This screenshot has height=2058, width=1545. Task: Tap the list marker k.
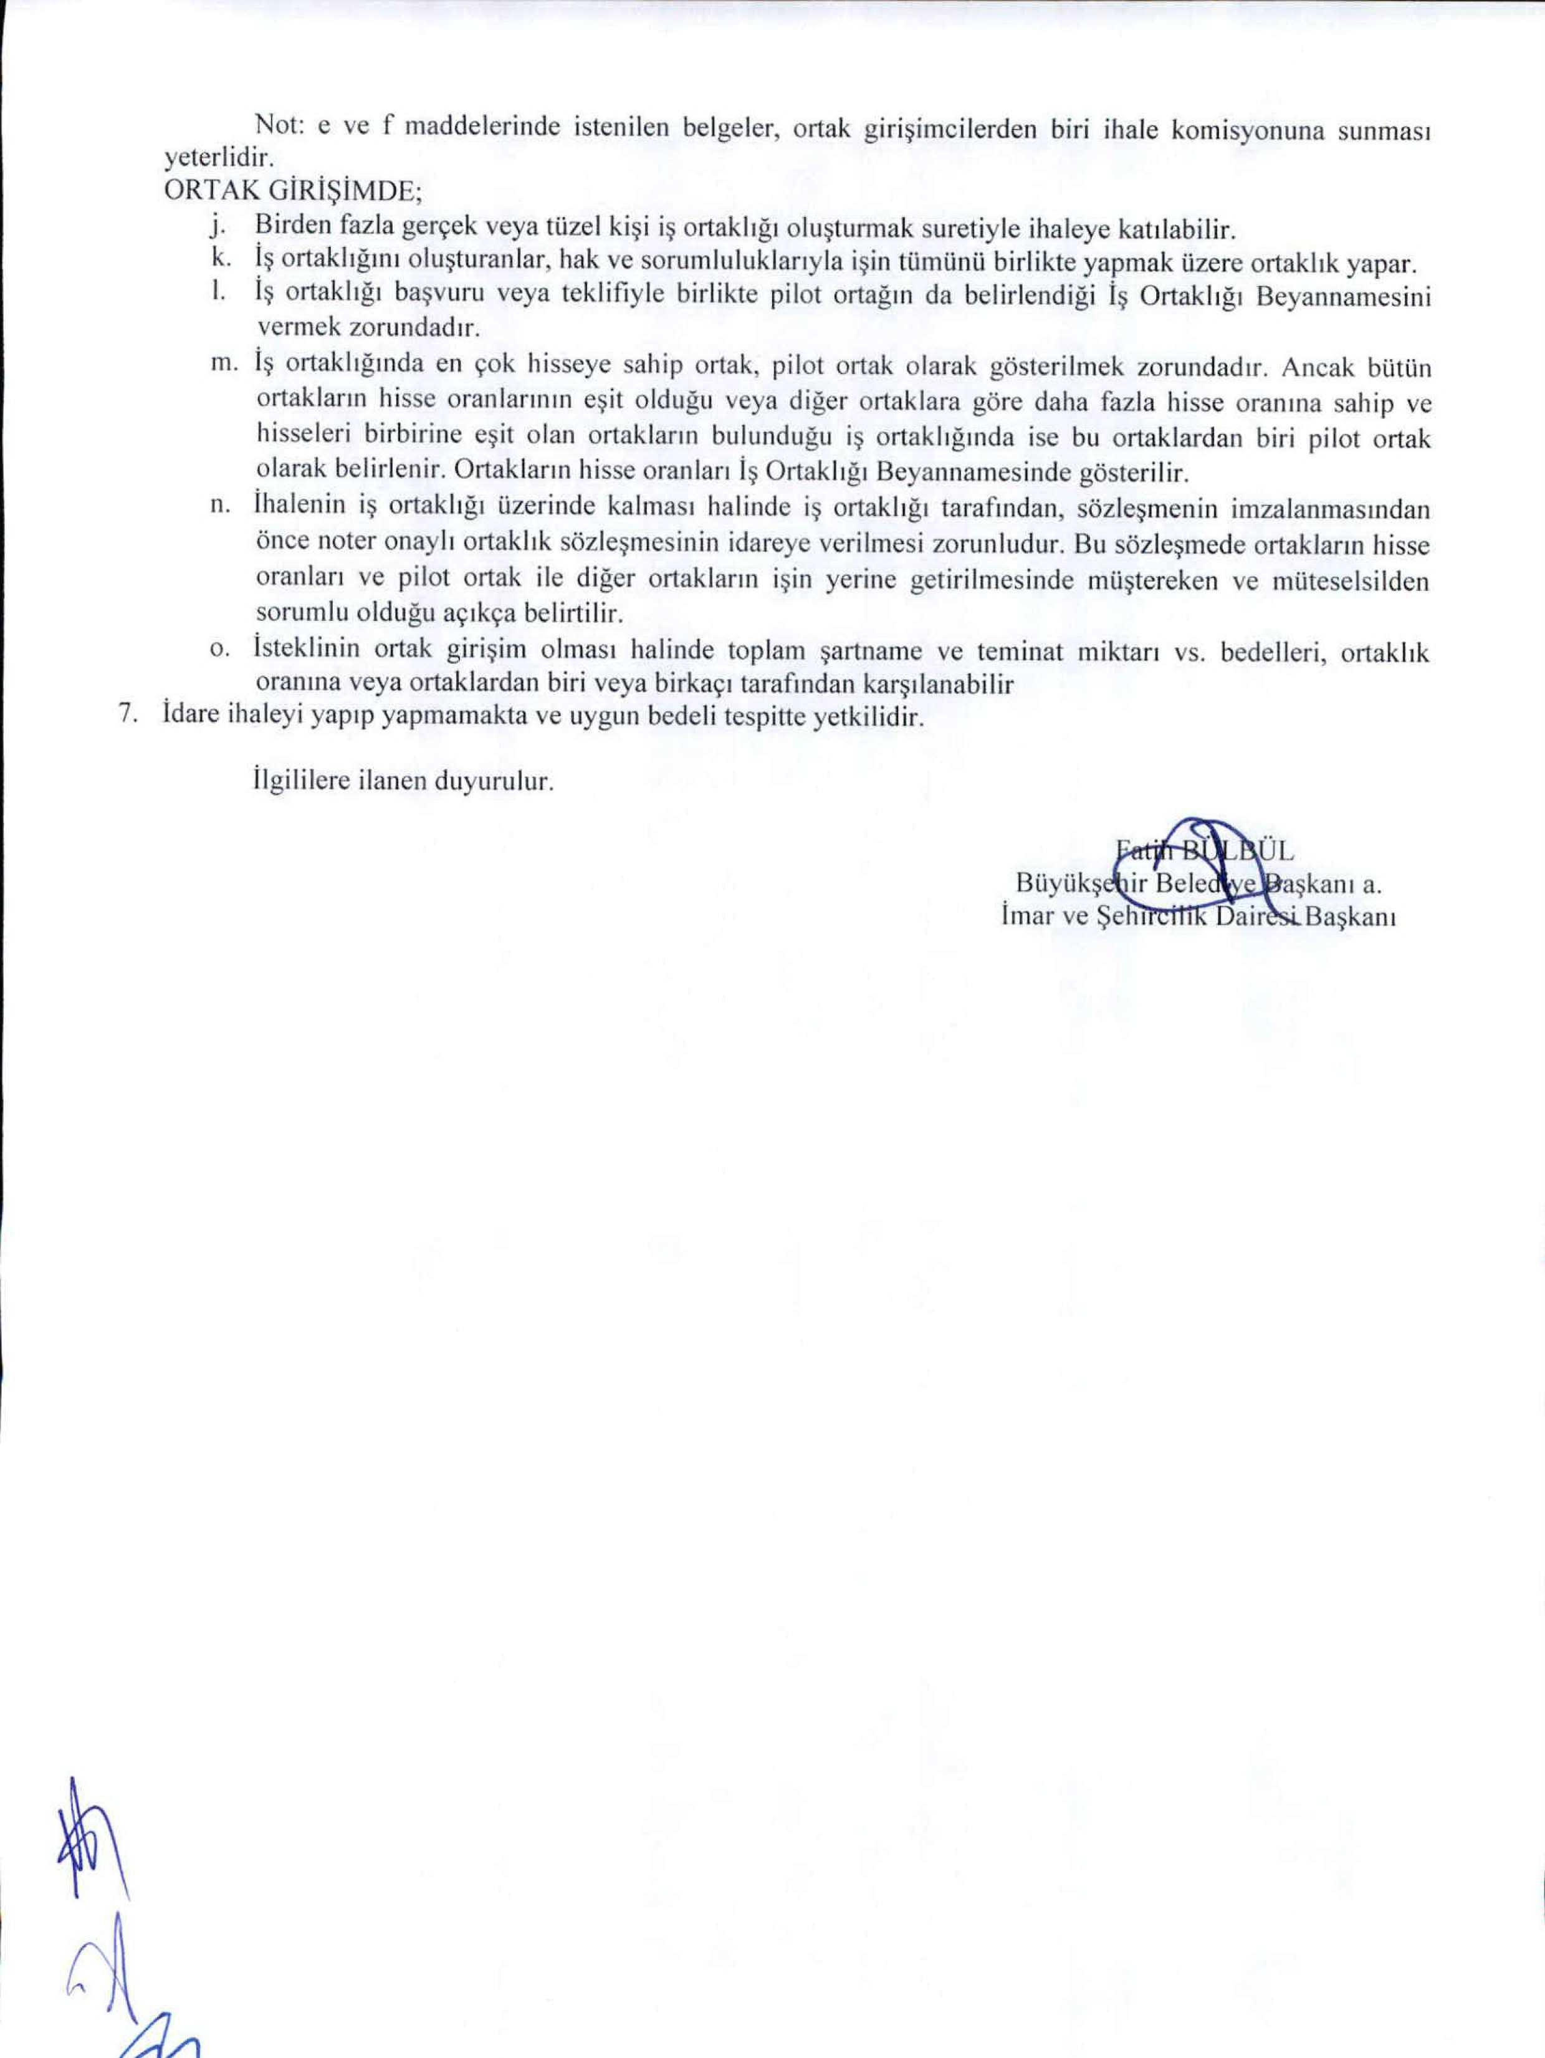[x=219, y=259]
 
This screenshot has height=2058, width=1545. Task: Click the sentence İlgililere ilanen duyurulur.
[x=403, y=780]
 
